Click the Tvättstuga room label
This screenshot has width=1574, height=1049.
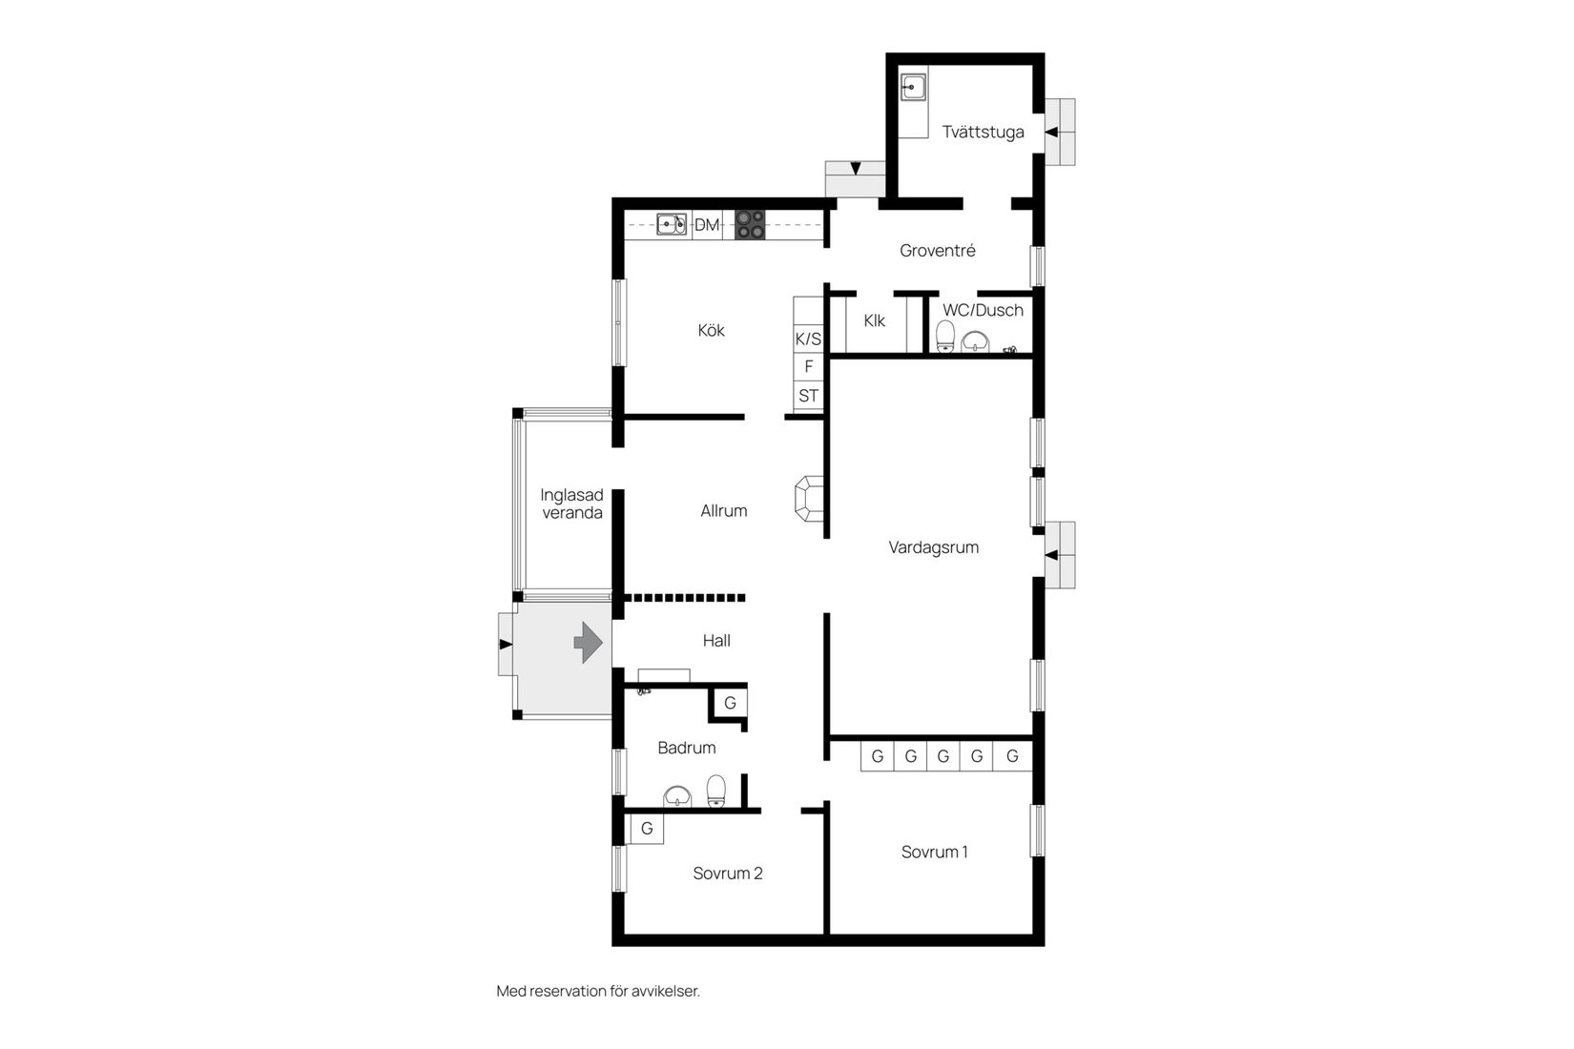click(983, 133)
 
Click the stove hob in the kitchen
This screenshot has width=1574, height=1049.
click(750, 224)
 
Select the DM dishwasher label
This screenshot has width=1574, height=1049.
click(707, 225)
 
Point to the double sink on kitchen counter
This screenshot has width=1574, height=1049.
click(672, 225)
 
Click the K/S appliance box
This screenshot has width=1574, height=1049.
click(808, 339)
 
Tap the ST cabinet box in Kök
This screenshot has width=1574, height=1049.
click(808, 396)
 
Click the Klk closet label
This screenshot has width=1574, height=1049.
click(874, 321)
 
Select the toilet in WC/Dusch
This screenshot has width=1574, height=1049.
click(945, 337)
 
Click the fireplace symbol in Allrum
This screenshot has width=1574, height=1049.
click(809, 499)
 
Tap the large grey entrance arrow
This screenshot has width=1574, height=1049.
click(588, 642)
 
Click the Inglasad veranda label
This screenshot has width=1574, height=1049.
click(571, 504)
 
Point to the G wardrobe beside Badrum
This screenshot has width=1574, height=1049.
click(730, 704)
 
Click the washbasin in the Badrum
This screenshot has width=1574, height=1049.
click(677, 796)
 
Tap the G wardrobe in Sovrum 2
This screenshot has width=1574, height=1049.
click(647, 829)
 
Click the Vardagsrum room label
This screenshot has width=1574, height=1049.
click(933, 547)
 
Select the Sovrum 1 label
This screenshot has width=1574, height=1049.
click(934, 853)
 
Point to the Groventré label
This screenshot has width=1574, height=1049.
click(937, 251)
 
